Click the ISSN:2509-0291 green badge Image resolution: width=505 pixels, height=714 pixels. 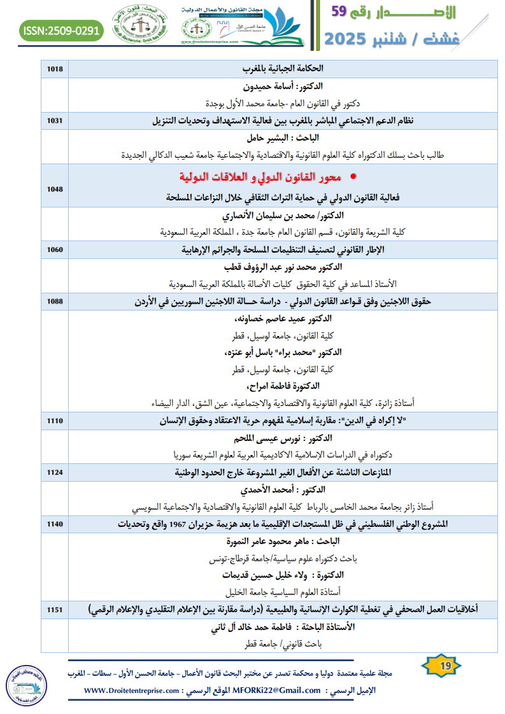61,30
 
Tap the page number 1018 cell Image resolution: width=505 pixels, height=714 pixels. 55,68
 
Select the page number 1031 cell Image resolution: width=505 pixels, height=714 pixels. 55,120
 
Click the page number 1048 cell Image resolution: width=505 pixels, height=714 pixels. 55,189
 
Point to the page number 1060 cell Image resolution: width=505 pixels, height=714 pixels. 55,249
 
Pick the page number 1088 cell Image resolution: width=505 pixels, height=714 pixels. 55,302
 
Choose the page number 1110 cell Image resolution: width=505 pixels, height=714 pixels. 55,421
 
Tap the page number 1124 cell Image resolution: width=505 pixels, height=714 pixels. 55,473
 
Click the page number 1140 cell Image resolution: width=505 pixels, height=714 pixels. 55,524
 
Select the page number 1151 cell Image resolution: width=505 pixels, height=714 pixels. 55,610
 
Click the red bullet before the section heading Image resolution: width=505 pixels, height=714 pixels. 354,176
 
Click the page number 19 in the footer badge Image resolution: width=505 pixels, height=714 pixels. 445,666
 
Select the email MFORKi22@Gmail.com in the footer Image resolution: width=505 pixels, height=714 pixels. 278,690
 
